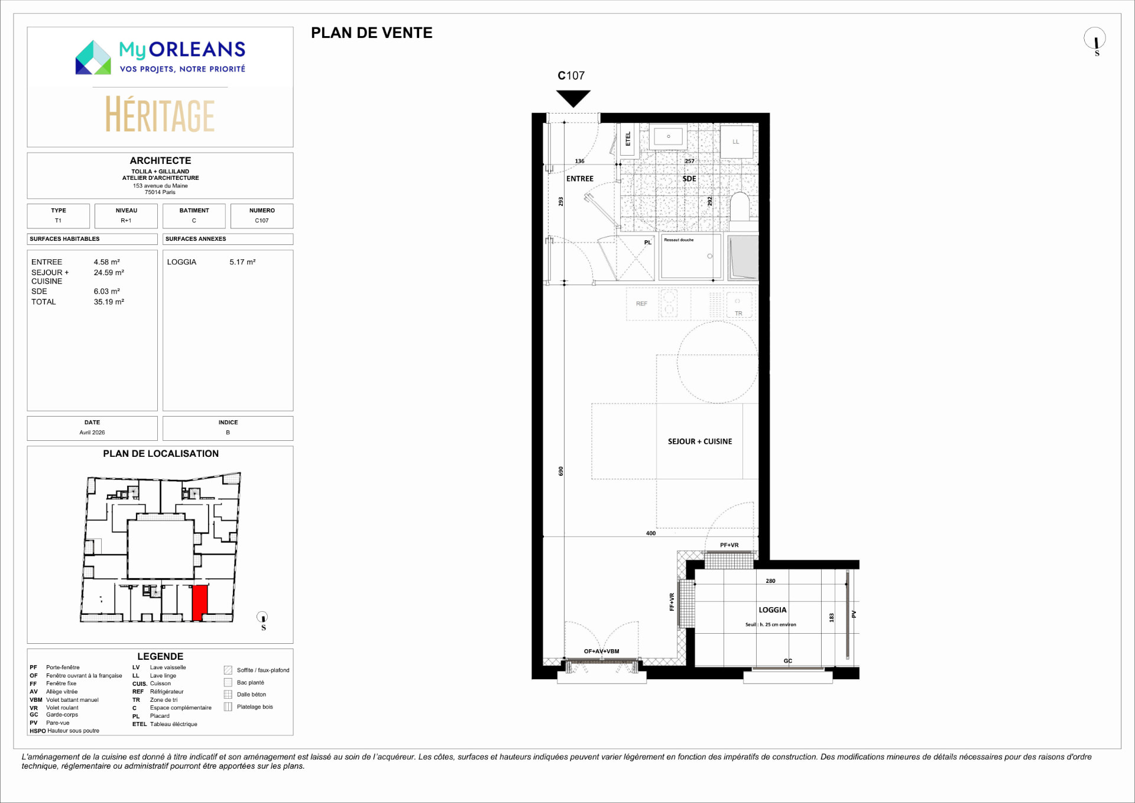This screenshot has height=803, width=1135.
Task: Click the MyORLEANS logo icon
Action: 93,57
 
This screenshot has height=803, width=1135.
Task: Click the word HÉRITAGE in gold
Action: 160,115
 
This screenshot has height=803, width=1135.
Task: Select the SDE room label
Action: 689,179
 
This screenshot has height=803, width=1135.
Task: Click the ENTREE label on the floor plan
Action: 580,179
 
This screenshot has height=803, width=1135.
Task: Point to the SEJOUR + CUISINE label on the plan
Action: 700,441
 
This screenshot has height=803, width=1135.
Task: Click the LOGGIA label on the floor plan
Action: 773,610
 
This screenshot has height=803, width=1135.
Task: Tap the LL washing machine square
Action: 737,141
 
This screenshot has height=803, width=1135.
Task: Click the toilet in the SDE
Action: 740,207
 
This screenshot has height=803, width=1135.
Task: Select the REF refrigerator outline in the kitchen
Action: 642,304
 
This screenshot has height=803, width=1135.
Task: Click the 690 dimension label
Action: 561,471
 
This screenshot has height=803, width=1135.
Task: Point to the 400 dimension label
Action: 651,533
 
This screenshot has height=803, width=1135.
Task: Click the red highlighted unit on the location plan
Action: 200,602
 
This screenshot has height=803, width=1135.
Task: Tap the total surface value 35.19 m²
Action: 109,302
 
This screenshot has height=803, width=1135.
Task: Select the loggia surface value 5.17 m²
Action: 242,262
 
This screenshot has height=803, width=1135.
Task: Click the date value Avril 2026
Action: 92,433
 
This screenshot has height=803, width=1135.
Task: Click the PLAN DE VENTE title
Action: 372,33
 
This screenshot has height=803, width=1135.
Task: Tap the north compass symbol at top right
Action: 1095,40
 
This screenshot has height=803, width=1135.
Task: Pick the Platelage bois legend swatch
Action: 228,707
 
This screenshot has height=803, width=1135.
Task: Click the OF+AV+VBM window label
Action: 602,652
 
